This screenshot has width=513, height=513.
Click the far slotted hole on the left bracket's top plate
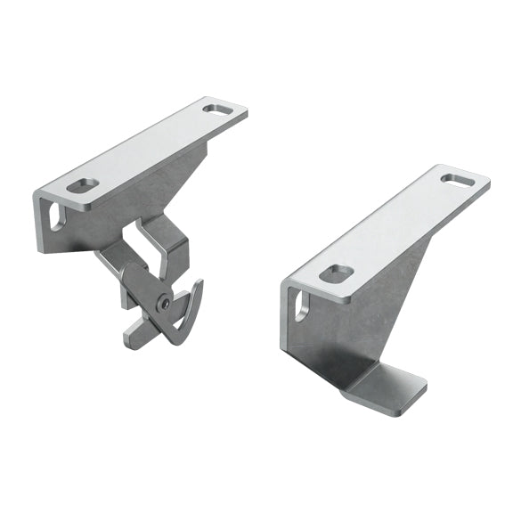pyautogui.click(x=216, y=110)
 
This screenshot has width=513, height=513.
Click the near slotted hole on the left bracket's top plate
pyautogui.click(x=85, y=187)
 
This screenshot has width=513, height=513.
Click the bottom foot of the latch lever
pyautogui.click(x=136, y=333)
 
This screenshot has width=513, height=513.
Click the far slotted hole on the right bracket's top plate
pyautogui.click(x=458, y=181)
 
